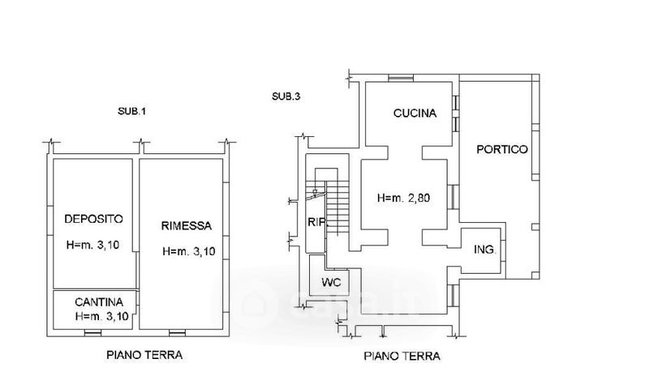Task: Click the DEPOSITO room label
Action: [94, 219]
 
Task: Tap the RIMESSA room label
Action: [187, 226]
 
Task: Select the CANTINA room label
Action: [99, 302]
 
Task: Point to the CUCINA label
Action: [415, 113]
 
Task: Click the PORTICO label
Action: [502, 149]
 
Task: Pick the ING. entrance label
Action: [485, 250]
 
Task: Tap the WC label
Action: [331, 282]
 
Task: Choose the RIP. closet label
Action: [318, 222]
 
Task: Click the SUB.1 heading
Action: [131, 111]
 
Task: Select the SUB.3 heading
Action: [286, 96]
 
